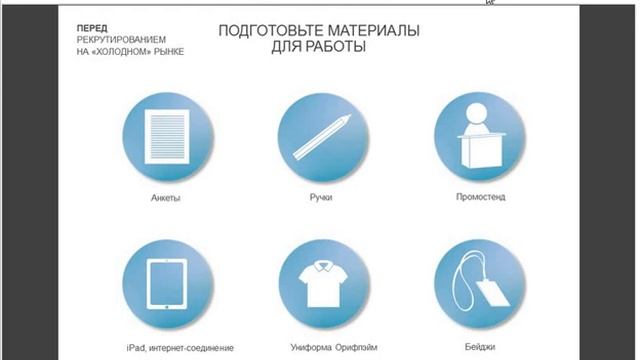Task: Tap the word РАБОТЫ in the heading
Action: (x=336, y=47)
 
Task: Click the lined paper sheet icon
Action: (x=167, y=136)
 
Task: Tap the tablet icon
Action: (x=167, y=284)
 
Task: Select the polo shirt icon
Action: (x=322, y=284)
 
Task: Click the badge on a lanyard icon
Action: (x=479, y=284)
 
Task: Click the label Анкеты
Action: (x=166, y=198)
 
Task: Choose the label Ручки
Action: (x=321, y=198)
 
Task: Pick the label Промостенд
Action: (x=480, y=197)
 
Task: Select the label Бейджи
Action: (x=480, y=347)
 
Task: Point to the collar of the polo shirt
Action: (x=322, y=267)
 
